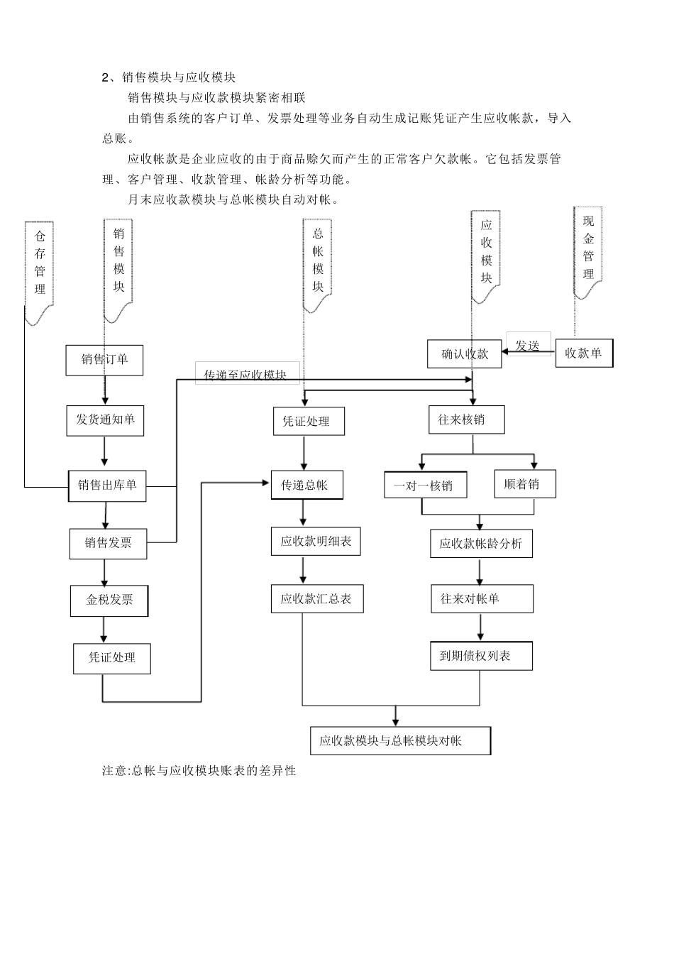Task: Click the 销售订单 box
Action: (104, 360)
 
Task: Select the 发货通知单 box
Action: (105, 420)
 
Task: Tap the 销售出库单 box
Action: (107, 486)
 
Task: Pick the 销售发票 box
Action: (108, 544)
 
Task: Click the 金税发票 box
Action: (109, 601)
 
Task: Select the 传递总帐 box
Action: (307, 486)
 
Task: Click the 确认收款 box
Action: (465, 354)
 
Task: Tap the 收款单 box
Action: (584, 353)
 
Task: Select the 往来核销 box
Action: (467, 420)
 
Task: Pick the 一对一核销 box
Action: (426, 486)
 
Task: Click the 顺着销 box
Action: (525, 484)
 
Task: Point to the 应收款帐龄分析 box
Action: (481, 544)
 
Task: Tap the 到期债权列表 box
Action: (481, 656)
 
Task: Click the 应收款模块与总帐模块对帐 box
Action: (400, 741)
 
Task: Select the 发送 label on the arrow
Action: (528, 346)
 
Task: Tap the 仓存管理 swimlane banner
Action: (40, 270)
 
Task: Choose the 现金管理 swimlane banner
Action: (588, 248)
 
